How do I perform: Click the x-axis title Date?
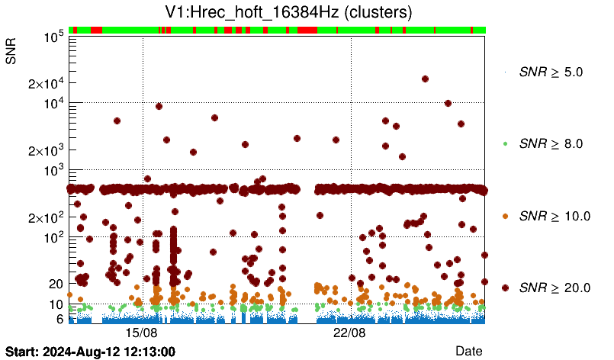[x=468, y=350]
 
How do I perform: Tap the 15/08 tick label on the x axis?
[x=142, y=333]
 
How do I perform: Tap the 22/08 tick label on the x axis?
[x=350, y=333]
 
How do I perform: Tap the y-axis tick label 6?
[x=57, y=319]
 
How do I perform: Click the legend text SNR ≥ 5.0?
[x=551, y=72]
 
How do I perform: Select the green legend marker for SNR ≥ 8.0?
[x=505, y=143]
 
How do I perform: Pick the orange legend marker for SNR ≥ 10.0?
[x=505, y=216]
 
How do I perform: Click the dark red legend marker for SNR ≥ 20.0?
[x=505, y=288]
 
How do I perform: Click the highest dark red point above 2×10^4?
[x=425, y=79]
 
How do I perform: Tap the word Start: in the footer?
[x=21, y=352]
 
